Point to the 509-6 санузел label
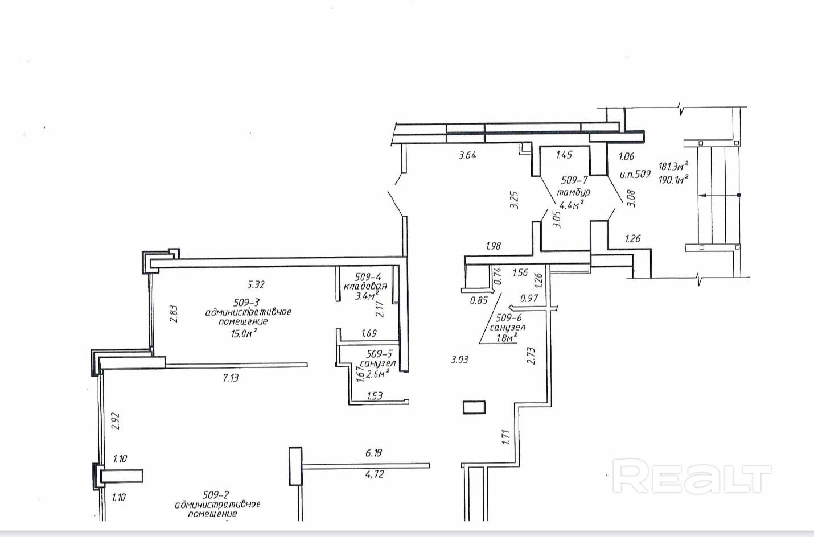tap(508, 323)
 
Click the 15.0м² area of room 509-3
tap(244, 334)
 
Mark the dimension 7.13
tap(231, 378)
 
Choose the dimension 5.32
tap(256, 284)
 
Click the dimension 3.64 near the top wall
tap(467, 155)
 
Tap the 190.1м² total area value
tap(673, 179)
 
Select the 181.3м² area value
tap(673, 167)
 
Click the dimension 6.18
tap(373, 453)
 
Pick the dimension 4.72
tap(373, 474)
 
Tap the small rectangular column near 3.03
tap(474, 407)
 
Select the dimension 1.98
tap(493, 246)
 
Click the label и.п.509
tap(635, 174)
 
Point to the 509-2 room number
tap(216, 495)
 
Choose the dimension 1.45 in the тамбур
tap(564, 154)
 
